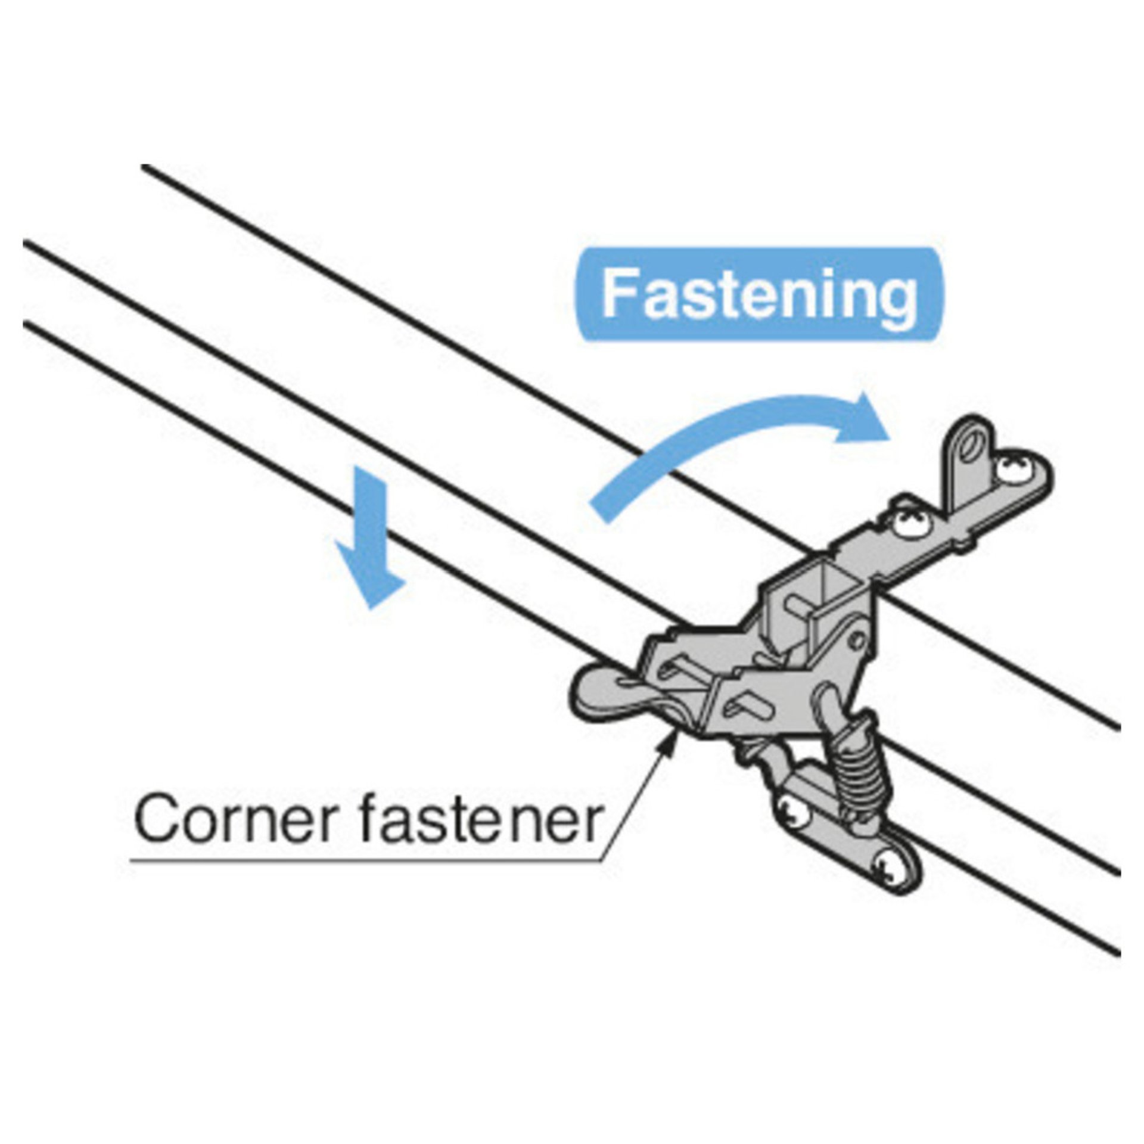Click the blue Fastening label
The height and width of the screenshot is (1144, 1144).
[x=758, y=294]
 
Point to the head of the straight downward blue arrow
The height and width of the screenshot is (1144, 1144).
[x=370, y=575]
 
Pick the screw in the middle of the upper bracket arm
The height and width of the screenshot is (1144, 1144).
[x=911, y=524]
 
